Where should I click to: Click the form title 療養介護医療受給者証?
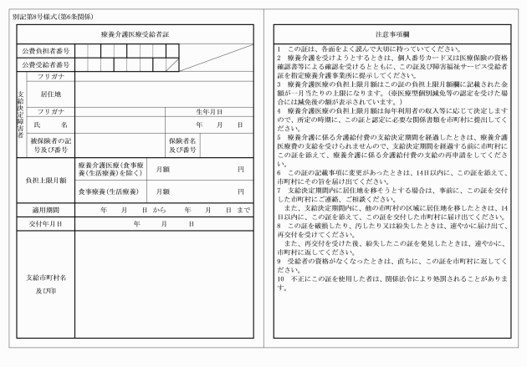click(136, 33)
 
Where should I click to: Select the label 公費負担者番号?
click(46, 51)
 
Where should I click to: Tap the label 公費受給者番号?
click(46, 64)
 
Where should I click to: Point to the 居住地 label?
click(51, 94)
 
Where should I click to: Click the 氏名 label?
click(46, 124)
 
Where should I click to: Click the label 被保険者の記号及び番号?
click(51, 145)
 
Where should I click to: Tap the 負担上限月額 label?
click(46, 179)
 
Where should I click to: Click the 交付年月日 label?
click(46, 223)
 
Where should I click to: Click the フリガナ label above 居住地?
click(51, 75)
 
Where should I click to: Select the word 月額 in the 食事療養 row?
click(165, 191)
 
